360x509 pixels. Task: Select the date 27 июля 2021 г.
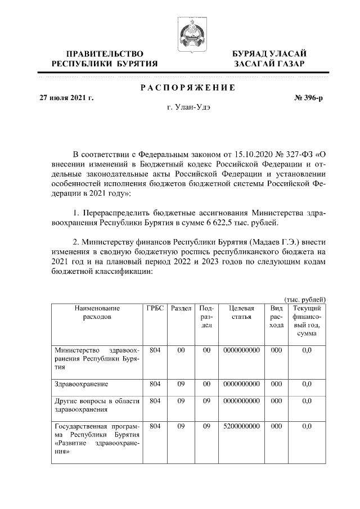coord(66,98)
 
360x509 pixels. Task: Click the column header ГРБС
coord(155,308)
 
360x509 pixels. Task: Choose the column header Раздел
coord(181,308)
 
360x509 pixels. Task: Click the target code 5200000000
coord(241,426)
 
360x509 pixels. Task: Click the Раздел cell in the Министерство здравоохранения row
coord(181,350)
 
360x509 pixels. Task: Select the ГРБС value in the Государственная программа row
coord(155,426)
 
